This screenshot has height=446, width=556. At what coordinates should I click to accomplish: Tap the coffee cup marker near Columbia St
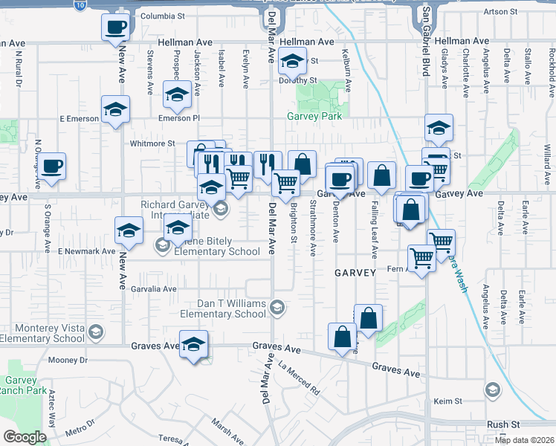(116, 28)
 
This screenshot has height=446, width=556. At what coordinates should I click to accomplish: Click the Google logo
(25, 437)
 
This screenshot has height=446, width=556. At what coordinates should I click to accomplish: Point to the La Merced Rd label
(299, 378)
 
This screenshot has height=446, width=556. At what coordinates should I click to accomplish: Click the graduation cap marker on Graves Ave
(193, 344)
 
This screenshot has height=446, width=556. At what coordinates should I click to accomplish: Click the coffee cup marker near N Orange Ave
(52, 167)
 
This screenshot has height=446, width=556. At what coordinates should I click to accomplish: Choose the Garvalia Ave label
(154, 288)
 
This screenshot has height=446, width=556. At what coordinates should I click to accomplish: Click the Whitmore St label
(152, 143)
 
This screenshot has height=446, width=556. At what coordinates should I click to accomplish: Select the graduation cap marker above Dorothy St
(293, 61)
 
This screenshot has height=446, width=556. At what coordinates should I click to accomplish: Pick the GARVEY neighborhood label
(355, 273)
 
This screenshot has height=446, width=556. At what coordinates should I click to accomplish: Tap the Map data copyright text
(523, 439)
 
